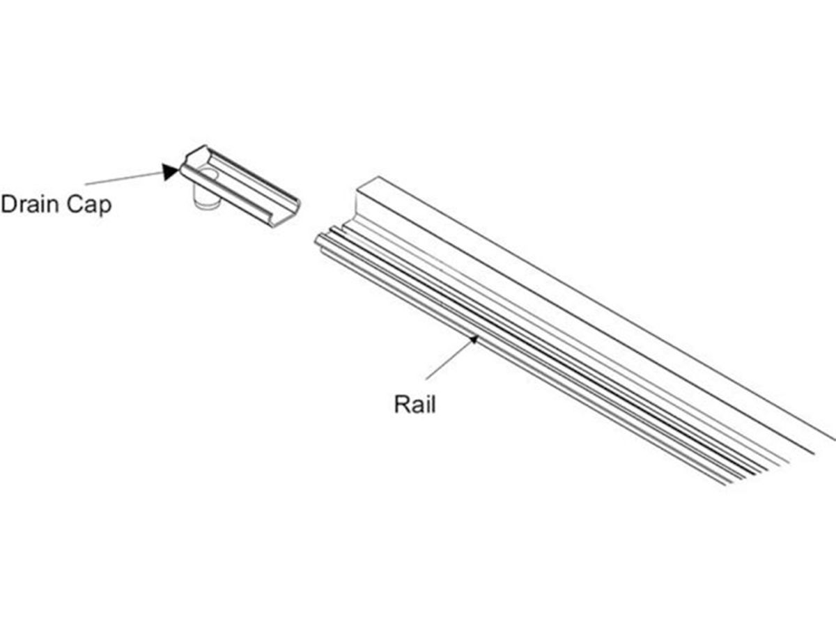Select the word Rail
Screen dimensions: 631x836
(x=415, y=404)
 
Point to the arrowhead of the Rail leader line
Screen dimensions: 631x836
(x=474, y=339)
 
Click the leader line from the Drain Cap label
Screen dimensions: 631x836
(x=122, y=178)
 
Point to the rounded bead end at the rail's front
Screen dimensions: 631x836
(x=320, y=241)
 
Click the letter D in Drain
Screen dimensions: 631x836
(x=9, y=205)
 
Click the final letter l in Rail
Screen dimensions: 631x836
(x=433, y=404)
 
